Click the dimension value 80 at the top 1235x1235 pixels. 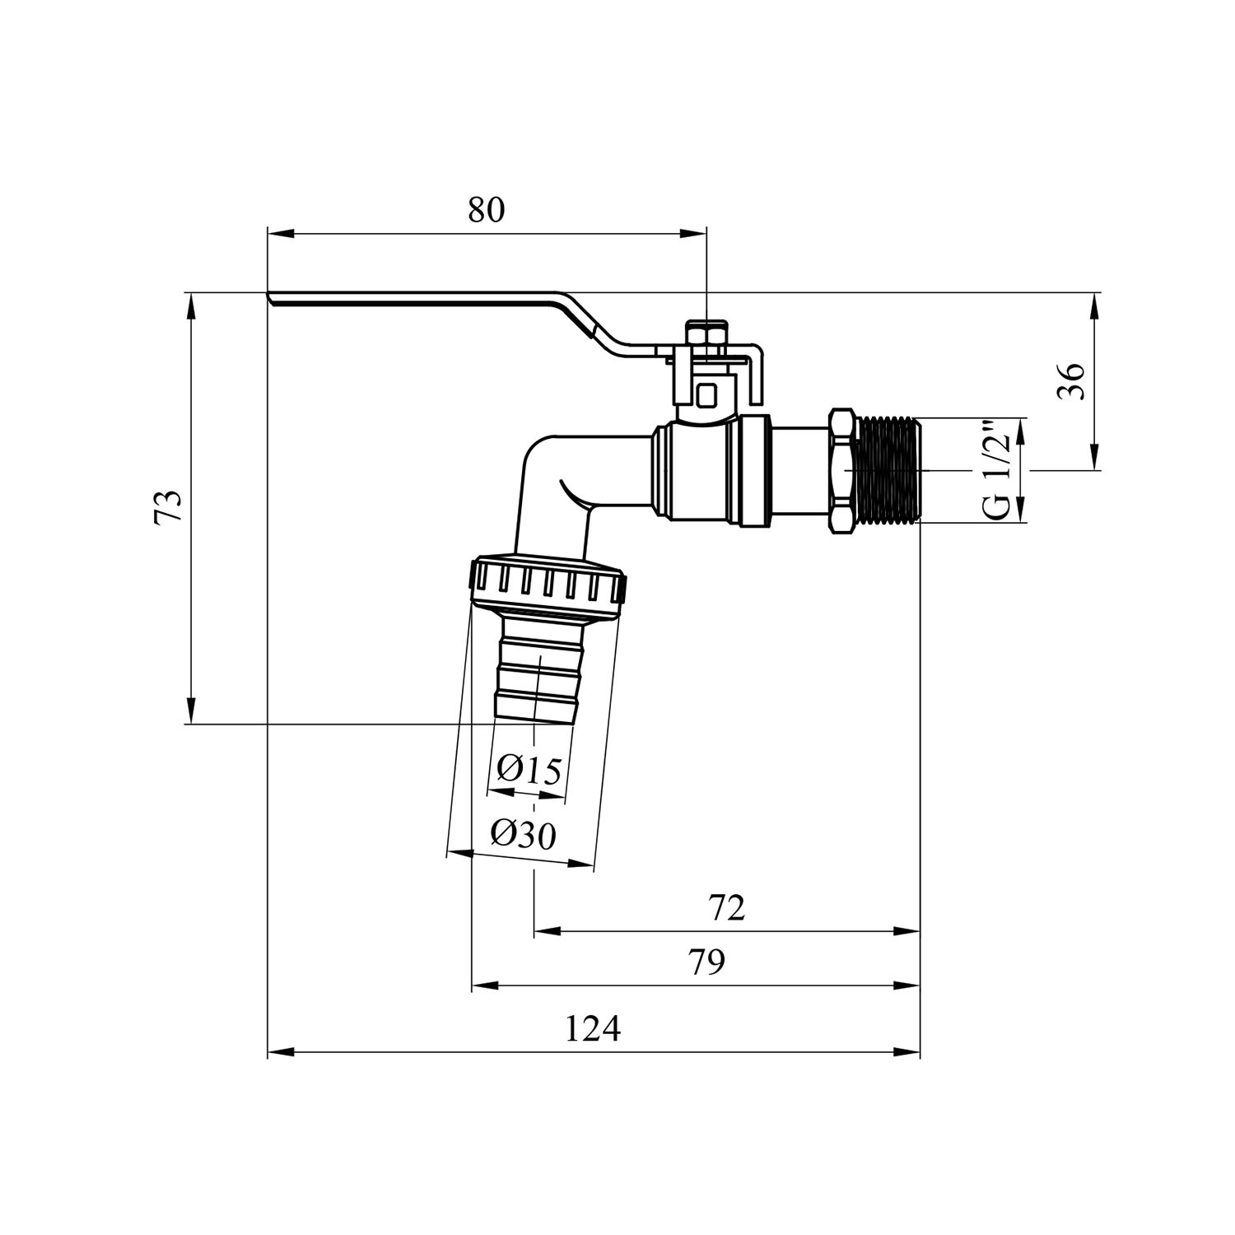[486, 210]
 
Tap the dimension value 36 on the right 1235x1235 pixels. [1072, 381]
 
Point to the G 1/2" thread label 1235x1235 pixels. [997, 470]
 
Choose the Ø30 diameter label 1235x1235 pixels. [523, 836]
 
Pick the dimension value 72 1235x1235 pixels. [726, 908]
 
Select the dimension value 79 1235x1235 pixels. [706, 962]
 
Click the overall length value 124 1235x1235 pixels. [593, 1029]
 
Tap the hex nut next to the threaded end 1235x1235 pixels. [843, 471]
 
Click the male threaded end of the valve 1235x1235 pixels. [889, 471]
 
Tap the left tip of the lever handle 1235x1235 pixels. [272, 298]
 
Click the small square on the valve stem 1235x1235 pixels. [706, 395]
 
